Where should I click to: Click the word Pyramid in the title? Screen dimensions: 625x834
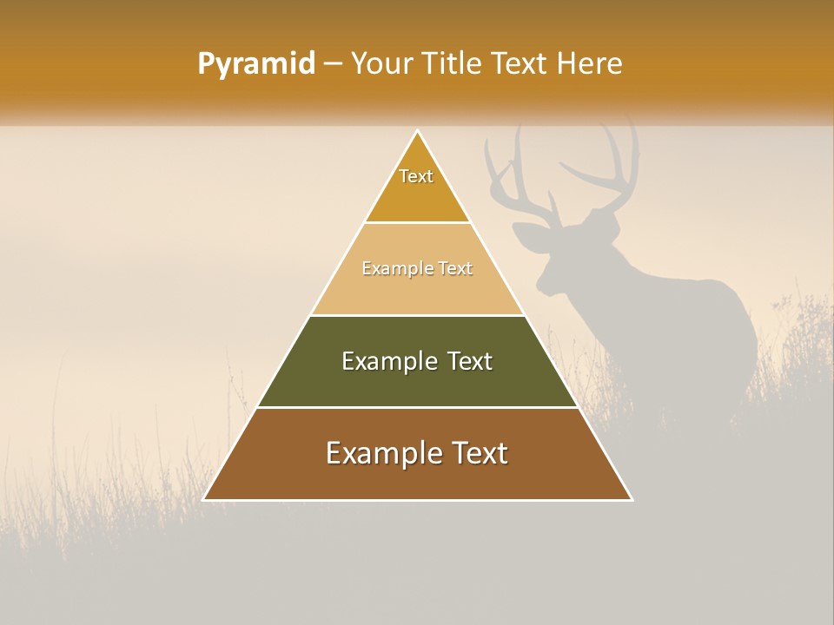pos(256,64)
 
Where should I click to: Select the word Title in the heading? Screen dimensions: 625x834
pos(453,63)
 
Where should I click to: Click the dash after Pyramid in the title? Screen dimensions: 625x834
pos(332,64)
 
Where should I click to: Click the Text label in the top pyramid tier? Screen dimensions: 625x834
pos(416,176)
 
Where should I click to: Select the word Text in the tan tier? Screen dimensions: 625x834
pos(455,269)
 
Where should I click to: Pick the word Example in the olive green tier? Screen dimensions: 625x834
pos(388,361)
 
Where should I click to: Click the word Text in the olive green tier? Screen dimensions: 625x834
pos(469,361)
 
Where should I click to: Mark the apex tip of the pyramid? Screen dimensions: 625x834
pos(418,131)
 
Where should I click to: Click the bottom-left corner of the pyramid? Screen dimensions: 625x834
pos(204,499)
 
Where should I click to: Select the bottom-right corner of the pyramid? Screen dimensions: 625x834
pos(632,499)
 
